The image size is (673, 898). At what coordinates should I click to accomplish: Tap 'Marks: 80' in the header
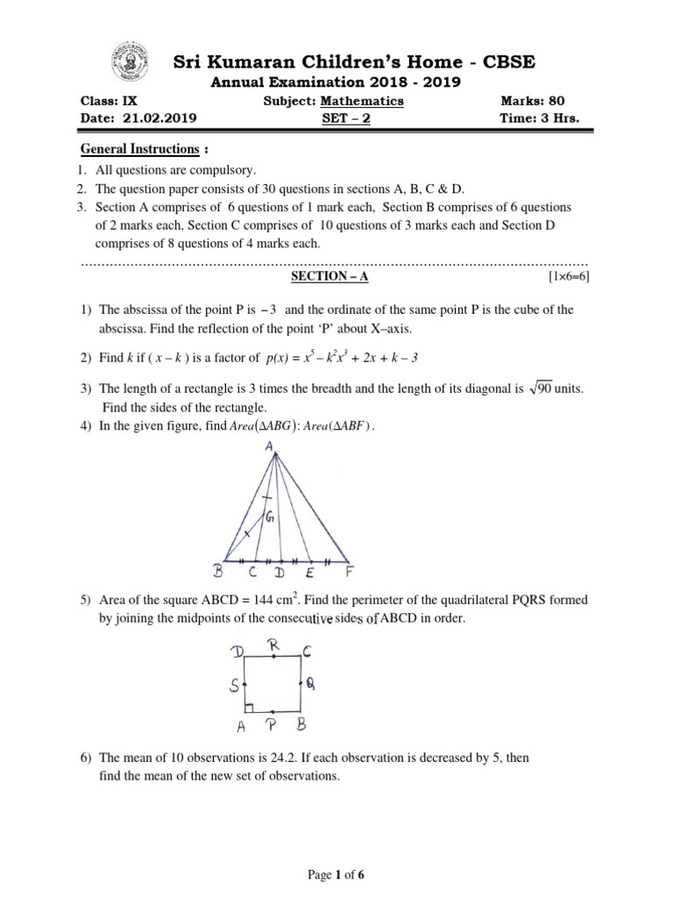(x=532, y=101)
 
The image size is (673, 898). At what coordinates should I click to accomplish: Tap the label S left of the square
(x=234, y=685)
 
